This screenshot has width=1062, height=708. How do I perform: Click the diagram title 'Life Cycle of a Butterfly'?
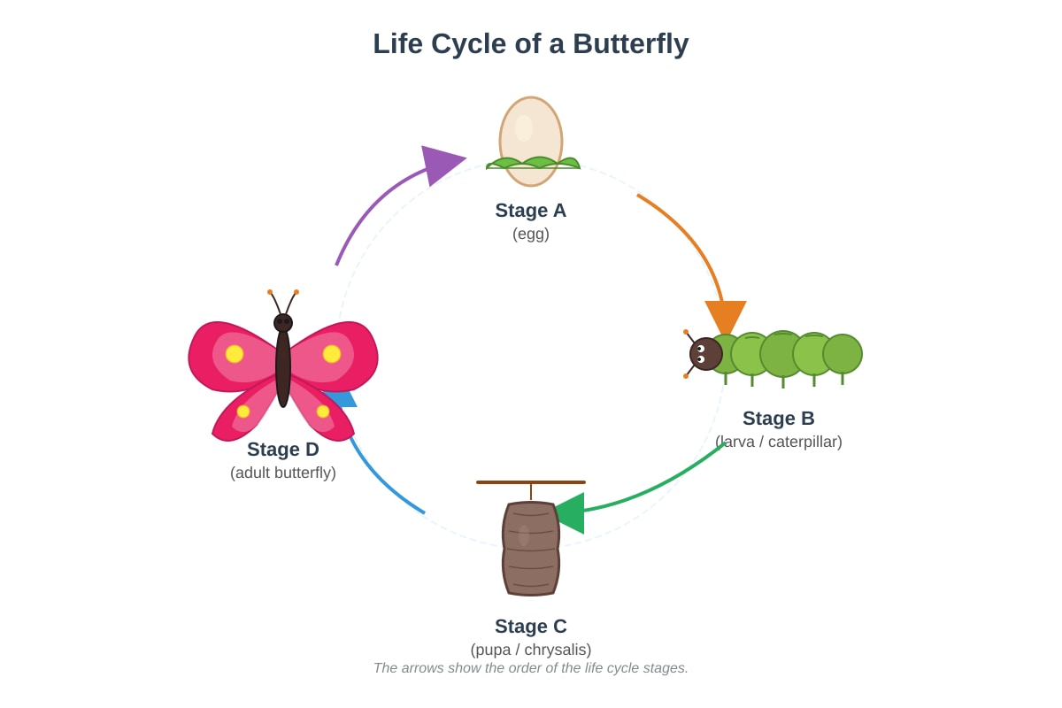[x=530, y=43]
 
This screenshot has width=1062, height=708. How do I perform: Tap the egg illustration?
[x=531, y=142]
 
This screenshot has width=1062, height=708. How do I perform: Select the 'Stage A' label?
[x=530, y=210]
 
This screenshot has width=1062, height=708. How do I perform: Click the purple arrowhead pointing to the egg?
[x=440, y=164]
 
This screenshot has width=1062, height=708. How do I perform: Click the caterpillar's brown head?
[x=705, y=354]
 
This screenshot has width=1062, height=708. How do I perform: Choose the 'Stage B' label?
[x=778, y=419]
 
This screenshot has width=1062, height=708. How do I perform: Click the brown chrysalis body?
[x=531, y=548]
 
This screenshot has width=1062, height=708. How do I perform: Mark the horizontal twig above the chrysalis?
[x=531, y=482]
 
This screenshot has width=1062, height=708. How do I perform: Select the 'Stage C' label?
[x=530, y=626]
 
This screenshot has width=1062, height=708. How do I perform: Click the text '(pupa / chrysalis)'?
[x=530, y=650]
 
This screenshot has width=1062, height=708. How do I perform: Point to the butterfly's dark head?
[x=283, y=323]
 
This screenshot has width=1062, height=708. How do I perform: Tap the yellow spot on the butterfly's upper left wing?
[x=235, y=354]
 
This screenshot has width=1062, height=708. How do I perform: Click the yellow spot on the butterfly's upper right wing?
[x=332, y=354]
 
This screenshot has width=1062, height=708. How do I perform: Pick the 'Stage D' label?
[x=282, y=449]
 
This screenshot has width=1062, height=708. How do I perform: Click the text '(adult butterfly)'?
[x=282, y=473]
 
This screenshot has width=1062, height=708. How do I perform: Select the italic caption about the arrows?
[x=530, y=667]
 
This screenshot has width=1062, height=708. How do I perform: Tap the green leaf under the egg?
[x=533, y=163]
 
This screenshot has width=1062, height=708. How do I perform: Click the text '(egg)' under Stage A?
[x=530, y=234]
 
